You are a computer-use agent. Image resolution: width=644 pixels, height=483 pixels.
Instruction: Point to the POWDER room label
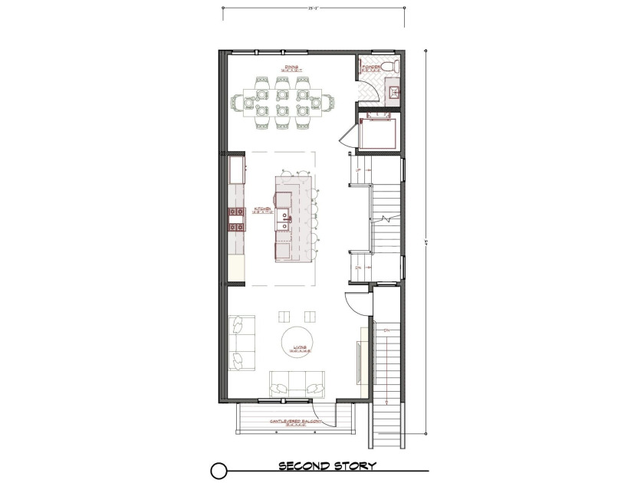click(x=371, y=67)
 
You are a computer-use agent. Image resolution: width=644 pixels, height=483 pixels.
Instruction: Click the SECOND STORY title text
click(x=327, y=466)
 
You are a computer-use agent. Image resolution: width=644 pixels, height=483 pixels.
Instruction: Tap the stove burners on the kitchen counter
click(x=235, y=219)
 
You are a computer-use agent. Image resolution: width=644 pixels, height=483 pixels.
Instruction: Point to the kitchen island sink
click(x=284, y=223)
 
